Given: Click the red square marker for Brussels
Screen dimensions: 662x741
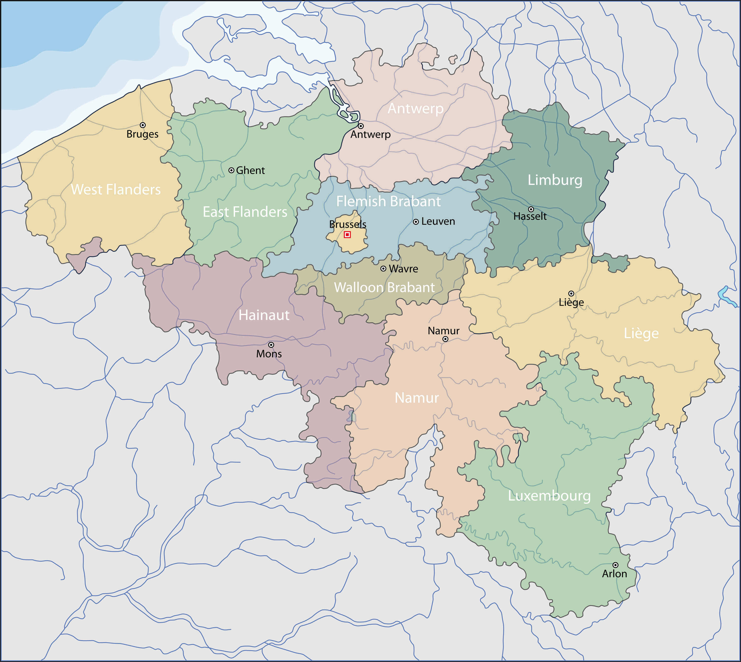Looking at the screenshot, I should point(347,235).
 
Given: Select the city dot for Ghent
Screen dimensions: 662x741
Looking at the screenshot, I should point(231,170).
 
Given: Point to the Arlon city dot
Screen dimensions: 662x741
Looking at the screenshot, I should point(615,565).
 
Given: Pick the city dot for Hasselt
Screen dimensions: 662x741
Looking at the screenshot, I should point(531,209).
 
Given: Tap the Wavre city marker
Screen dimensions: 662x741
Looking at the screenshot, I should point(383,269).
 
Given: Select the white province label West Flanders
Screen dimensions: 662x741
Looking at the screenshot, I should point(116,189).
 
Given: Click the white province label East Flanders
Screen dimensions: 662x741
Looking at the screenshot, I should point(245,212).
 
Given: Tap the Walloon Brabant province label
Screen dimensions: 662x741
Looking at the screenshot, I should point(384,287).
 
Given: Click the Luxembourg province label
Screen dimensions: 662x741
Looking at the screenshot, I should point(549,496).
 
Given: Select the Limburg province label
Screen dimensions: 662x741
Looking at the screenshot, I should point(555,180).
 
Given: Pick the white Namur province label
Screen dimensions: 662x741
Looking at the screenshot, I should point(416,398).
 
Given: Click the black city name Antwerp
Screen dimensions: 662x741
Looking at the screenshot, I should point(370,134).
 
